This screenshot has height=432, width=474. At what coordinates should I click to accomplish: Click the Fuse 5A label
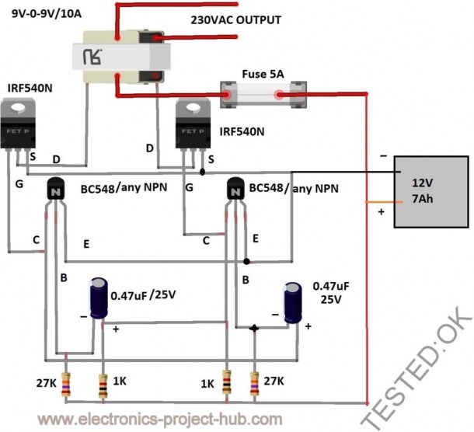click(263, 74)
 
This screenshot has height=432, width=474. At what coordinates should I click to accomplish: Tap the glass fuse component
click(263, 95)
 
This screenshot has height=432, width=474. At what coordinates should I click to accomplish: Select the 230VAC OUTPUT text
click(235, 20)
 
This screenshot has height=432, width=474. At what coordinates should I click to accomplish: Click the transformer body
click(121, 57)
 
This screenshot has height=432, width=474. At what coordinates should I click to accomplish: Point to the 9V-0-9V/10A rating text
click(47, 14)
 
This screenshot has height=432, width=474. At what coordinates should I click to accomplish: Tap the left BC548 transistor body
click(56, 189)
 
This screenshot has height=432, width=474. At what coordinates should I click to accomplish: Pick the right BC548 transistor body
click(235, 189)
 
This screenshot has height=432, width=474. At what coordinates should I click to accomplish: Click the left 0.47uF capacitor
click(99, 298)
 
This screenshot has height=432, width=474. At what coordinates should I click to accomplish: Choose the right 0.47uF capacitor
click(293, 302)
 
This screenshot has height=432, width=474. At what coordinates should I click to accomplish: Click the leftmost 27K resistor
click(66, 385)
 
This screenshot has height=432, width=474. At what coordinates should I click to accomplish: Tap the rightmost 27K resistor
click(255, 384)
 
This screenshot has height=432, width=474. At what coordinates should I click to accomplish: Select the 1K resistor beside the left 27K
click(103, 386)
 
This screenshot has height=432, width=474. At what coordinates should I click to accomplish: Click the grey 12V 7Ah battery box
click(431, 192)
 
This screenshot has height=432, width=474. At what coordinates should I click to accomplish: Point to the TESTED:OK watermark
click(417, 368)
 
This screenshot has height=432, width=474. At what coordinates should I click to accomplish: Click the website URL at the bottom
click(160, 420)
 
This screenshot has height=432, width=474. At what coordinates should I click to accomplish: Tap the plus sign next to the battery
click(382, 212)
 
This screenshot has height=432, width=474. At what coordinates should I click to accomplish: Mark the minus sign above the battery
click(383, 156)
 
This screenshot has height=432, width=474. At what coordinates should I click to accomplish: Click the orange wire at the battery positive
click(384, 202)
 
